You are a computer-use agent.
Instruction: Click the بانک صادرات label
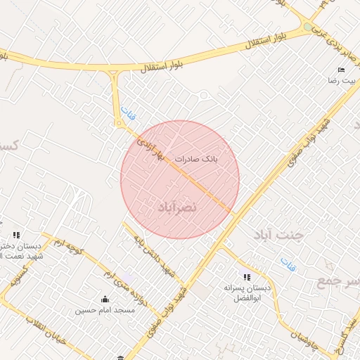coord(198,160)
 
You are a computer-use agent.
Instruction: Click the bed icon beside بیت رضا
coord(342,70)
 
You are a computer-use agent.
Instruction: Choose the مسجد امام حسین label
coord(105,309)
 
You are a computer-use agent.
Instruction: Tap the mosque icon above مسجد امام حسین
coord(105,298)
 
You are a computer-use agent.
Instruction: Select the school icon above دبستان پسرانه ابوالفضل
coord(246,276)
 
